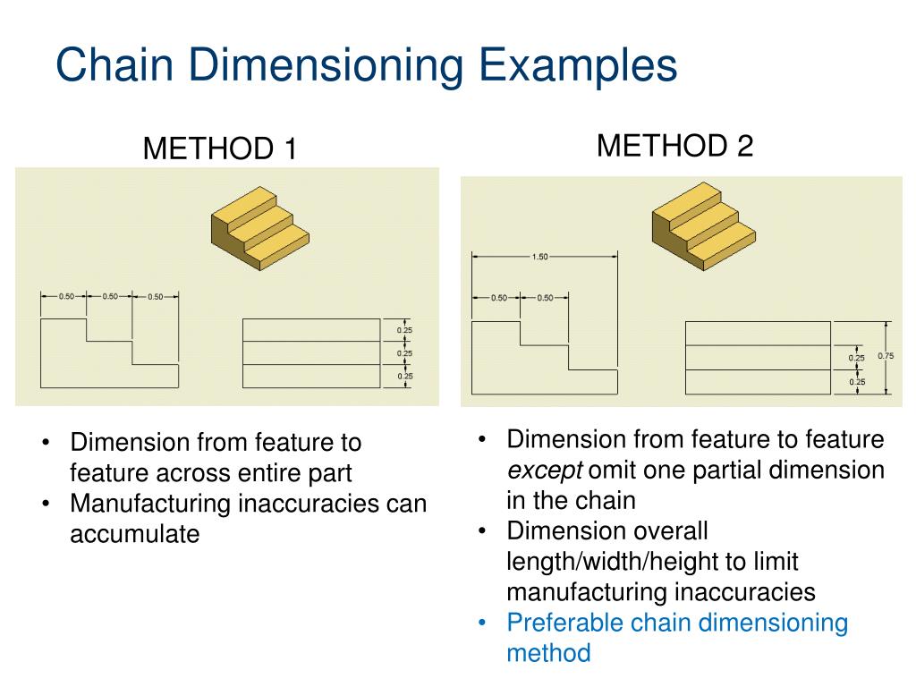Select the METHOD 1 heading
220,148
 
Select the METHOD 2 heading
675,145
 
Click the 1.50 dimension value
539,258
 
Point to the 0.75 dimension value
886,356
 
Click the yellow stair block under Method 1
260,224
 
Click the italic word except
544,471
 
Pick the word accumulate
134,535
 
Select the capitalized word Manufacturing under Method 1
151,505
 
